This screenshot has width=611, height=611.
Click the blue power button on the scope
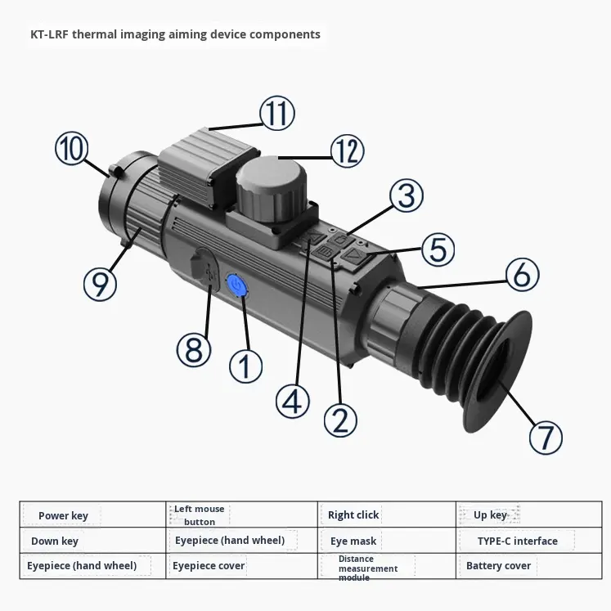[x=236, y=285]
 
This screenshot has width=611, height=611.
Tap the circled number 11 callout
[x=277, y=113]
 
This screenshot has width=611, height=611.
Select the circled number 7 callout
[x=546, y=437]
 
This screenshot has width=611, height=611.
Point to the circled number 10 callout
[x=72, y=148]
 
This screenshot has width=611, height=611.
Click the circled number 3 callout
[x=407, y=195]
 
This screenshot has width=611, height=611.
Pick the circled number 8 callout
[x=194, y=349]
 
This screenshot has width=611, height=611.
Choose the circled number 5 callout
[x=438, y=249]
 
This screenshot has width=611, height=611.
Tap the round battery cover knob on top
[x=272, y=189]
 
